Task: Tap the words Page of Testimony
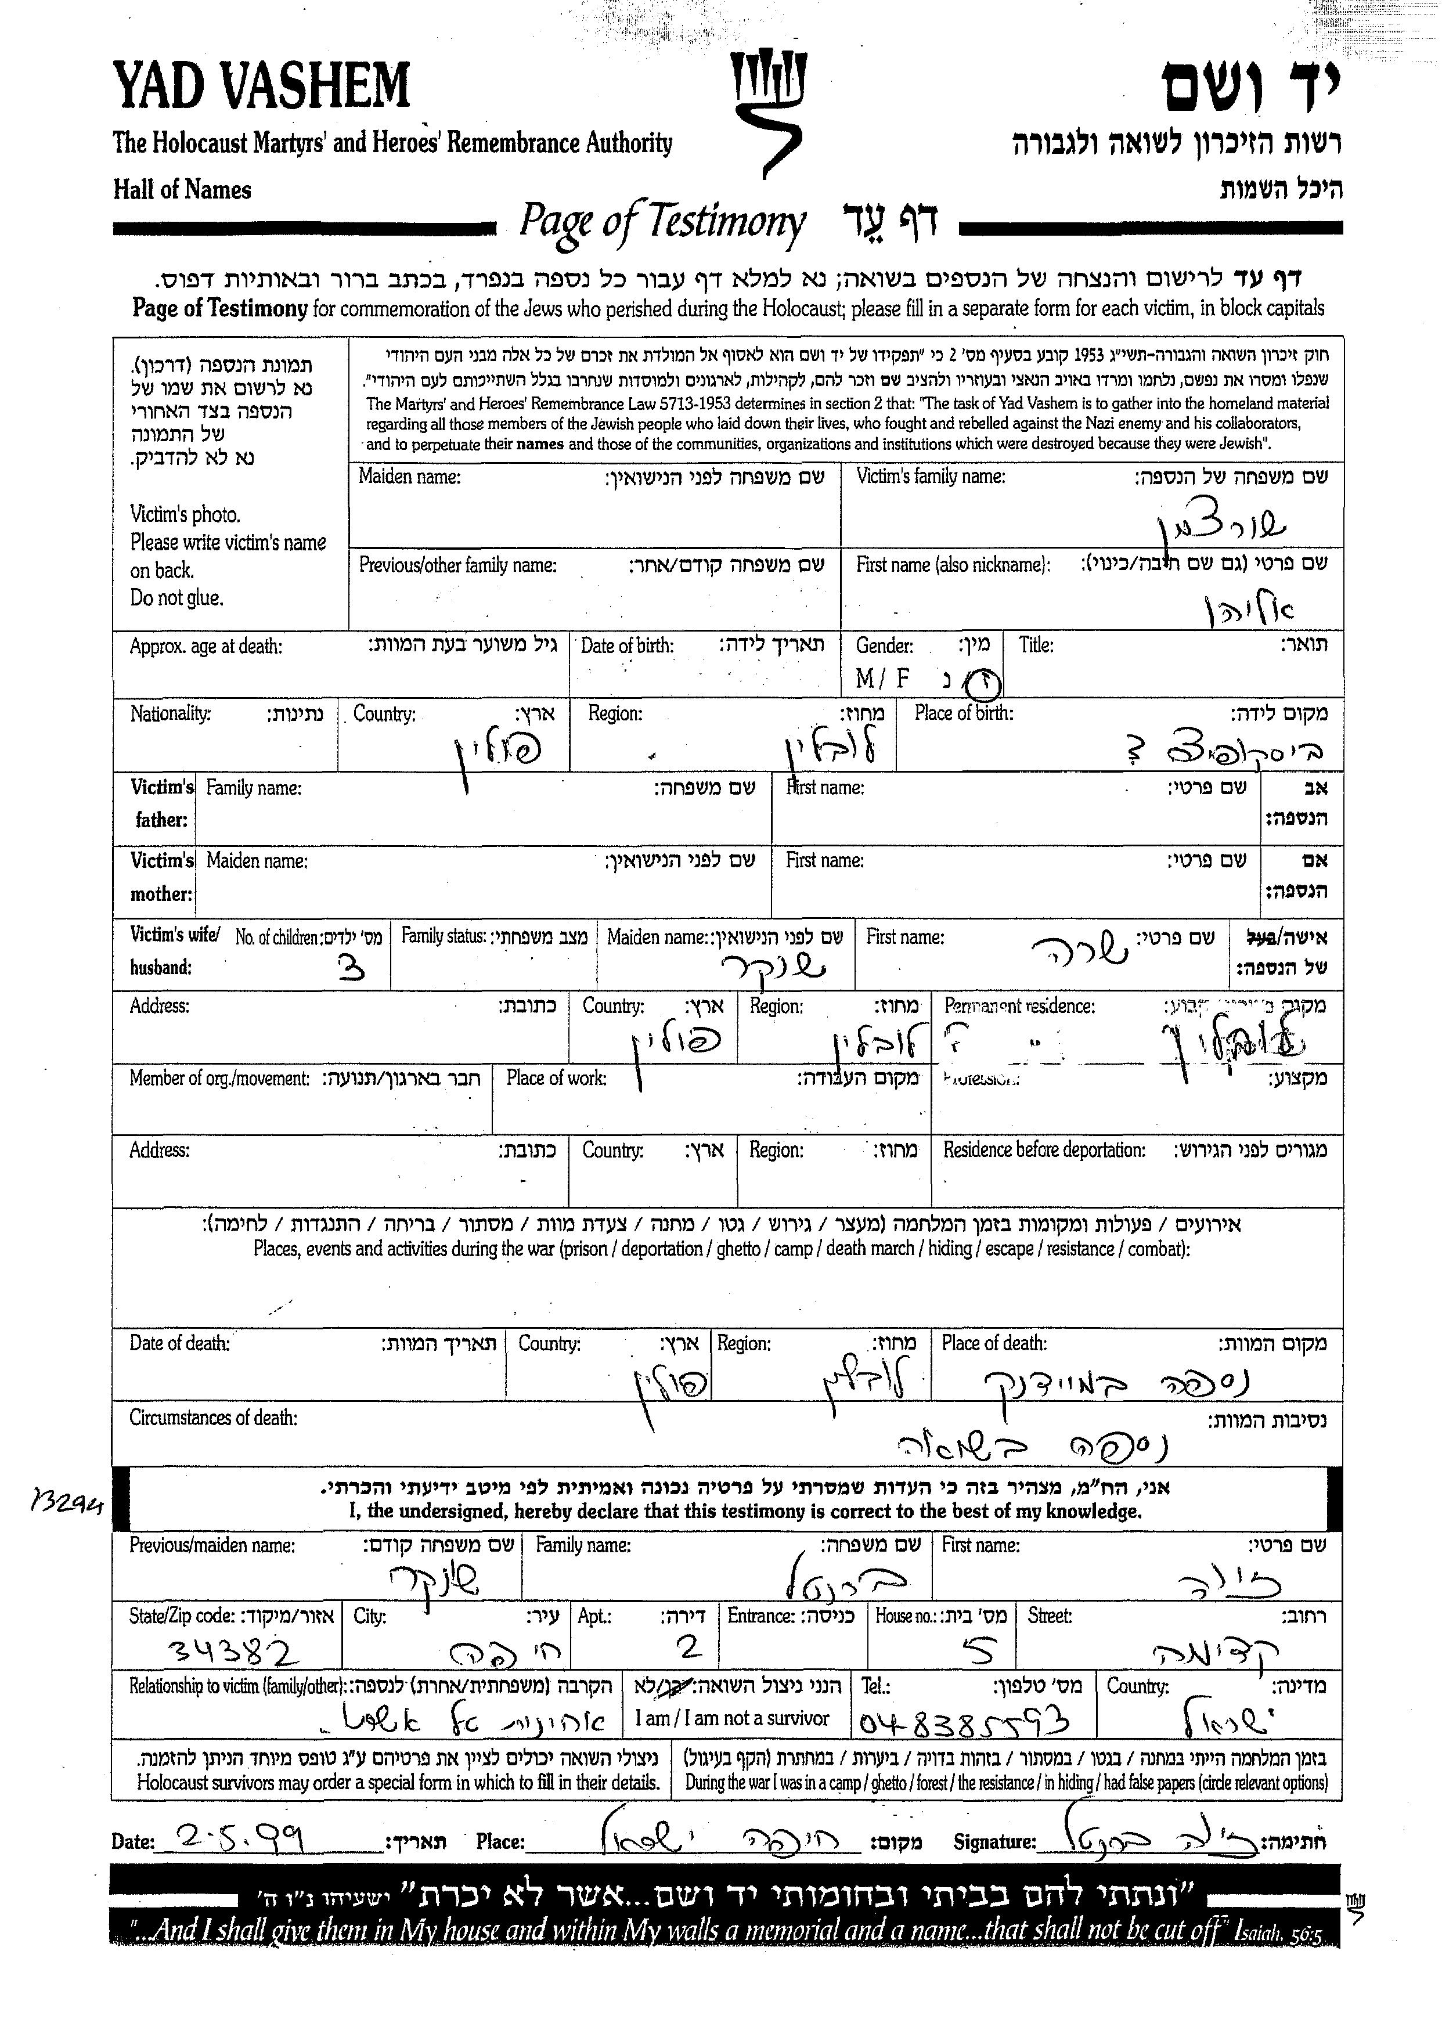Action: coord(662,222)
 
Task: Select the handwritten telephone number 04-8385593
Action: coord(962,1723)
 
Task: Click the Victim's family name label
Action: coord(931,477)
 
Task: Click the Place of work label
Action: coord(556,1078)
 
